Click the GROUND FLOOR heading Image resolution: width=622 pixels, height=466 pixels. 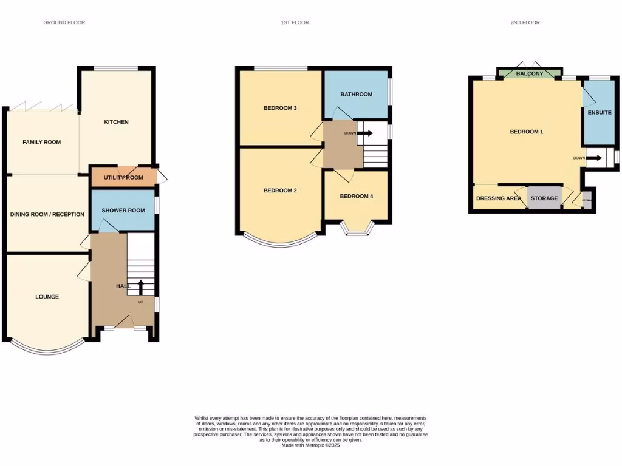64,22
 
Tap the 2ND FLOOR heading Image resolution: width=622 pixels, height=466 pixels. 525,22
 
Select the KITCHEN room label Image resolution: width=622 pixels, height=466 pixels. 116,122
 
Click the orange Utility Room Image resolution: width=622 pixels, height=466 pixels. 123,177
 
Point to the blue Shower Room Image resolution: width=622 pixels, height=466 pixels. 123,210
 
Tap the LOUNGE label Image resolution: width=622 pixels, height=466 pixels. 47,297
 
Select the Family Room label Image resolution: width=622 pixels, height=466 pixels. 41,142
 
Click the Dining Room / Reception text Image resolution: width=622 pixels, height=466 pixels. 47,214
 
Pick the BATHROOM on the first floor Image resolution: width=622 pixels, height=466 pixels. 356,95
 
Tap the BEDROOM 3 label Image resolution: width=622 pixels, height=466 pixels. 280,109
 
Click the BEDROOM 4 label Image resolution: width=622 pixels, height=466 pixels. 356,196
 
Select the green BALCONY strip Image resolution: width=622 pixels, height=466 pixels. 528,74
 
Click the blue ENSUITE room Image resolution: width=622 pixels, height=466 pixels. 599,113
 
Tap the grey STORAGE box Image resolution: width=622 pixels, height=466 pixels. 544,198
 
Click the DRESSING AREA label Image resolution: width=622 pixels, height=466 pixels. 499,198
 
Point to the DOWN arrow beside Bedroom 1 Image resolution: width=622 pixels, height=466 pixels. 594,158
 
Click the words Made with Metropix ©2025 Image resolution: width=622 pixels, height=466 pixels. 310,445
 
